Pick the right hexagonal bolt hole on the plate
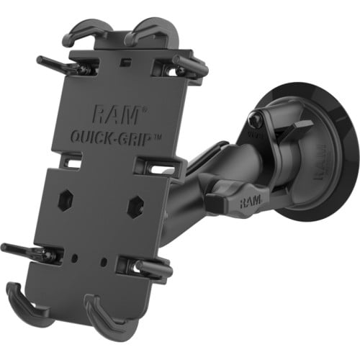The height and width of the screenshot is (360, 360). (134, 207)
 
